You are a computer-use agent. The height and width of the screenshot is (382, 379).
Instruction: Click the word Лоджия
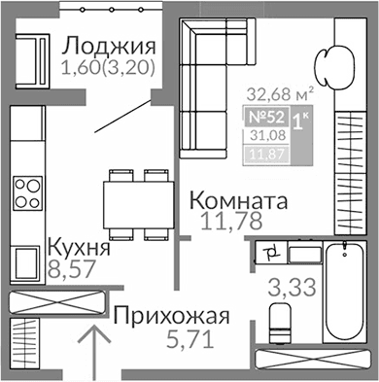(108, 47)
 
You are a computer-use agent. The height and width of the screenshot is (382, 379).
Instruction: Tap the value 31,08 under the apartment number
(281, 135)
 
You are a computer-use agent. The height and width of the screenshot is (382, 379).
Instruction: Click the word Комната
(239, 201)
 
